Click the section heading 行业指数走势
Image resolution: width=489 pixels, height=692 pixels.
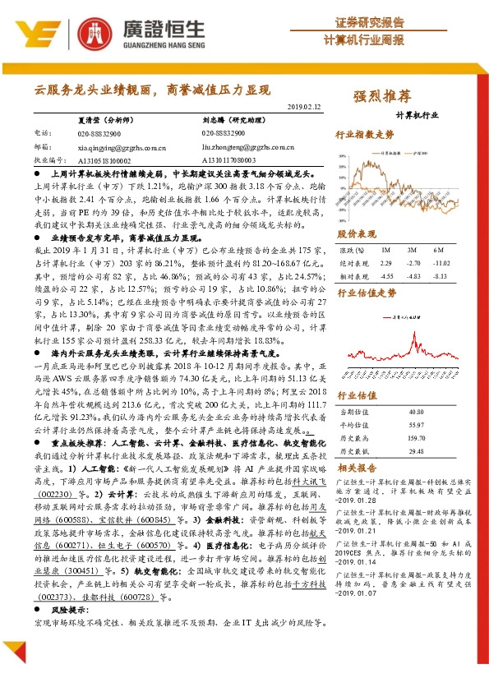(x=365, y=133)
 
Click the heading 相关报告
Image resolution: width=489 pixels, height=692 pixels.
(x=357, y=467)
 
